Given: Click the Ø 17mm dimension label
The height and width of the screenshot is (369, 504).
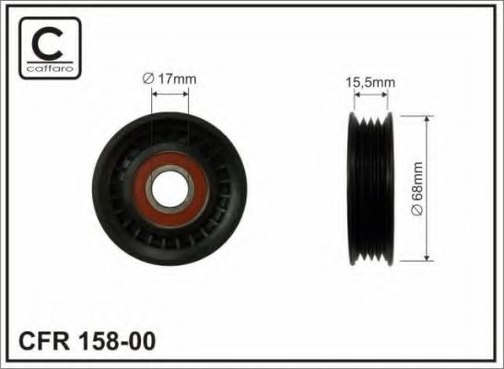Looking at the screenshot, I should tap(171, 80).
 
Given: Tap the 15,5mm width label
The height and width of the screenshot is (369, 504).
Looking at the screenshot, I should tap(371, 82).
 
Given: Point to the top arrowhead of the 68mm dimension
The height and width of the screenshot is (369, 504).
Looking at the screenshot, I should tap(428, 121).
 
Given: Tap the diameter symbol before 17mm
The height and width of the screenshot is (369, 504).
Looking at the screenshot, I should tap(148, 80).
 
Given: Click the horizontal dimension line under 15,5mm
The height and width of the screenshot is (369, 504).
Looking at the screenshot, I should tap(370, 96).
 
